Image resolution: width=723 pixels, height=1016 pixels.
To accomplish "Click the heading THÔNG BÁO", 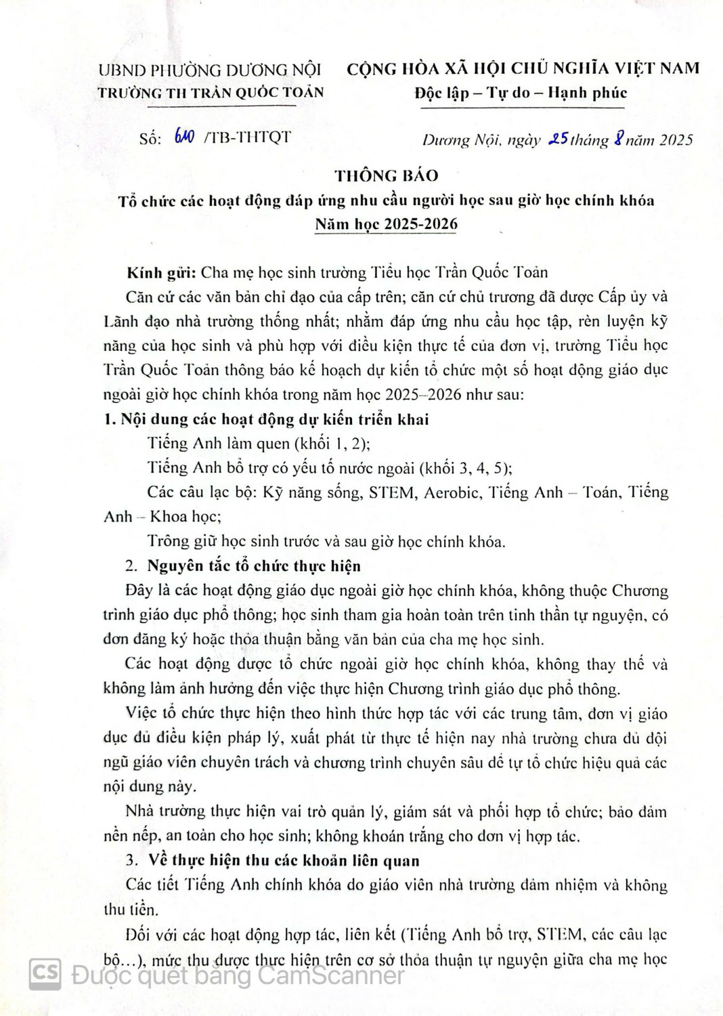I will point(387,175).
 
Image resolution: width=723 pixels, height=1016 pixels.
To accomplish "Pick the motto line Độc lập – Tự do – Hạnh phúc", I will point(521,93).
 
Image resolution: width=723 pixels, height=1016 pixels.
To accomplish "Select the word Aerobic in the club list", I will point(450,492).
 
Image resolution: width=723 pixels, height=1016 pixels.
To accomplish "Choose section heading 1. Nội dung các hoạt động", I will point(266,419).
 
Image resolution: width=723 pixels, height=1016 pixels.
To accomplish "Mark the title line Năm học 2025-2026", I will point(386,224).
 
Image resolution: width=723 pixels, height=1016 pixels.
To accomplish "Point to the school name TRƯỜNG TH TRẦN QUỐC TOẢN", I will point(211,93).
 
